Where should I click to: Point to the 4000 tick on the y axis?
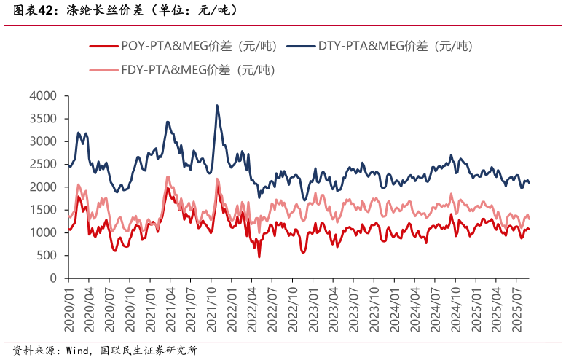click(x=43, y=95)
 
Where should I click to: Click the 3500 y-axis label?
click(x=43, y=118)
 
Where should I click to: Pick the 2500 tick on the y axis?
click(x=43, y=164)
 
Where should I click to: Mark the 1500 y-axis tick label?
click(x=43, y=210)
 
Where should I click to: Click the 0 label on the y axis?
click(x=53, y=278)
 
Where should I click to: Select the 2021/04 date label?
click(x=170, y=308)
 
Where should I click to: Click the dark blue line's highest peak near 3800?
click(x=217, y=105)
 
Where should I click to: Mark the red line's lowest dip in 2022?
click(x=259, y=257)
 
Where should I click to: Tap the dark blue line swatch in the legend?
click(x=300, y=46)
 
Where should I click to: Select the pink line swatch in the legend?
click(x=103, y=70)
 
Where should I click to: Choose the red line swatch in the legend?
click(x=103, y=46)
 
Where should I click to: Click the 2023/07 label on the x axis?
click(x=353, y=308)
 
